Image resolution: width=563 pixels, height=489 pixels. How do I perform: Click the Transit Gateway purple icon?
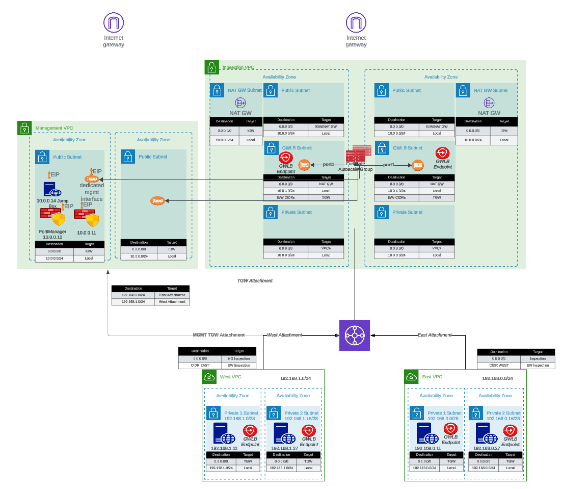coord(355,336)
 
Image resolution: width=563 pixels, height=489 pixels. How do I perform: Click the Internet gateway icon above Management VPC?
coord(114,23)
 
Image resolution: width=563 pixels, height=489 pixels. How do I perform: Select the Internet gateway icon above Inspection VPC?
coord(356,23)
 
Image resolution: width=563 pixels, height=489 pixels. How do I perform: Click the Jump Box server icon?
coord(52,190)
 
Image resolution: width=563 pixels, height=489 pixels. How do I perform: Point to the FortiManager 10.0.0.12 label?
coord(52,234)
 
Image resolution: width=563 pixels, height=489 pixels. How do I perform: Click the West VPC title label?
coord(231,377)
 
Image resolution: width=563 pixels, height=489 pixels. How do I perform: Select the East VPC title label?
coord(432,377)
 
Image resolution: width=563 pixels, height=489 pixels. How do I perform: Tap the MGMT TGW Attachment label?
coord(219,335)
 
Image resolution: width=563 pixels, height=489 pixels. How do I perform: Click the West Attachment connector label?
coord(284,335)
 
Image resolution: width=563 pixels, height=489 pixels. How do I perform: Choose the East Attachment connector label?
coord(435,335)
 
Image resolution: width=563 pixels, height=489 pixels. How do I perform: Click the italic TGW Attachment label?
coord(255,280)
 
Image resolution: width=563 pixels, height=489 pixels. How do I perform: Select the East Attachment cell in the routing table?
coord(172,295)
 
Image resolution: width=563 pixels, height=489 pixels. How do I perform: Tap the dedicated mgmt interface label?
coord(92,192)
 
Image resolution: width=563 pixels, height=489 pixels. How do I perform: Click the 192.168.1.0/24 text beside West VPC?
coord(296,378)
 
